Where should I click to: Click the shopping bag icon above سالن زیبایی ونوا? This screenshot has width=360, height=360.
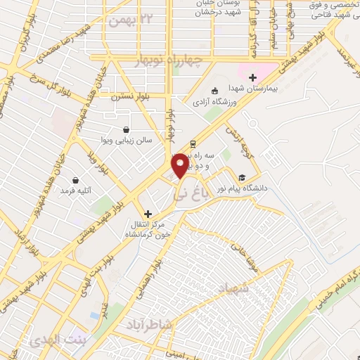(x=125, y=129)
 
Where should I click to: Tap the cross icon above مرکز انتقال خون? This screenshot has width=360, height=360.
(x=148, y=213)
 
